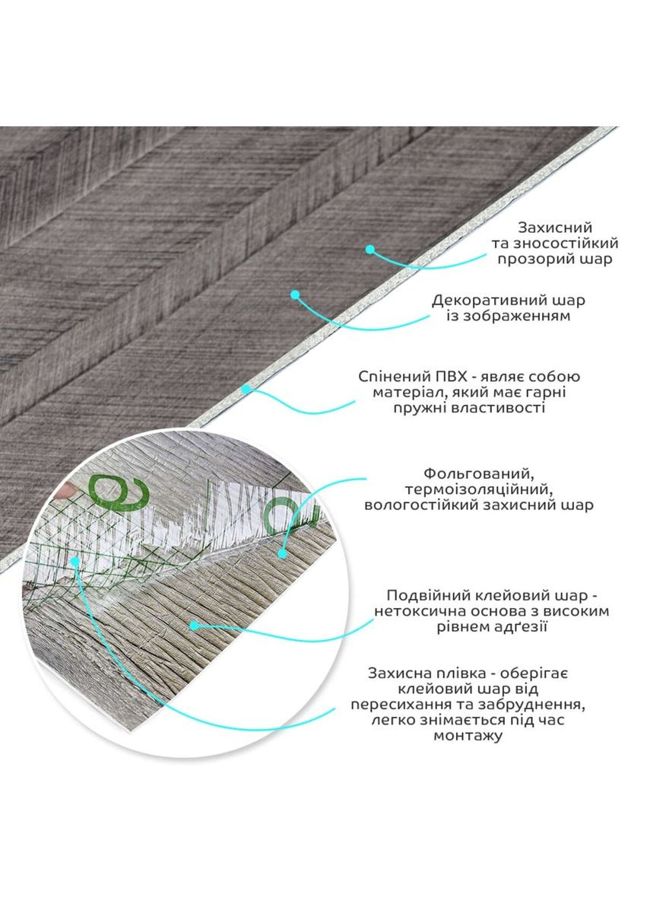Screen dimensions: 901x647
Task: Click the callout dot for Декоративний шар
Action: [295, 294]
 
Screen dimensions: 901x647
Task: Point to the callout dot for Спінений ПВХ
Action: [246, 389]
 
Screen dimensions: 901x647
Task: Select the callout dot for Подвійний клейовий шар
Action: [194, 626]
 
